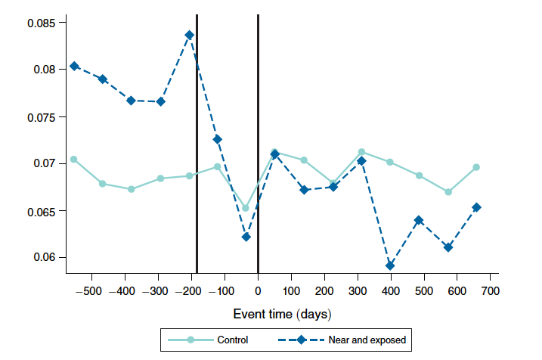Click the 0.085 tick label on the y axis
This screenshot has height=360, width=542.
pyautogui.click(x=41, y=23)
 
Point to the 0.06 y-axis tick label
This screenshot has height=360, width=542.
pyautogui.click(x=44, y=258)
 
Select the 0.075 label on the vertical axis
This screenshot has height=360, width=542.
pyautogui.click(x=41, y=117)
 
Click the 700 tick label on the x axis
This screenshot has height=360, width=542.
pyautogui.click(x=490, y=291)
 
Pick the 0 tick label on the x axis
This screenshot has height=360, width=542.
pyautogui.click(x=258, y=291)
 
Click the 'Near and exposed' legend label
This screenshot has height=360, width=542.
pyautogui.click(x=367, y=340)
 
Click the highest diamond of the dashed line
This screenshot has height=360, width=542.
pyautogui.click(x=189, y=35)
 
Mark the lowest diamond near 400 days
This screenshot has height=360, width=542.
pyautogui.click(x=390, y=265)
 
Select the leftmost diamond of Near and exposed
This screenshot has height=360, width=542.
pyautogui.click(x=74, y=66)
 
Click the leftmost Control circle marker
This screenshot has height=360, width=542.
pyautogui.click(x=74, y=159)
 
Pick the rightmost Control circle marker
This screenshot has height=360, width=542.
pyautogui.click(x=476, y=167)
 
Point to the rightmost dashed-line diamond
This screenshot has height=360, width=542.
pyautogui.click(x=476, y=207)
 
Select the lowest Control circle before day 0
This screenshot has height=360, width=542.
pyautogui.click(x=246, y=208)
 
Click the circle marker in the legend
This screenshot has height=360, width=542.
pyautogui.click(x=190, y=340)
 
